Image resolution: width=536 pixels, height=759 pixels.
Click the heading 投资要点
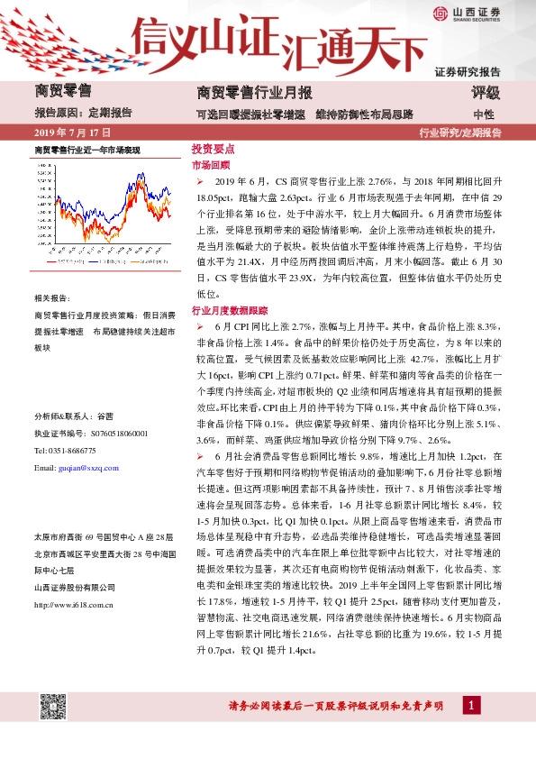[213, 149]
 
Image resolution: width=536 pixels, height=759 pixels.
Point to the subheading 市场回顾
[211, 166]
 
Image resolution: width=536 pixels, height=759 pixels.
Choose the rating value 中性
[484, 114]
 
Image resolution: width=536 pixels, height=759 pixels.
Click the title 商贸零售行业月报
[254, 93]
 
